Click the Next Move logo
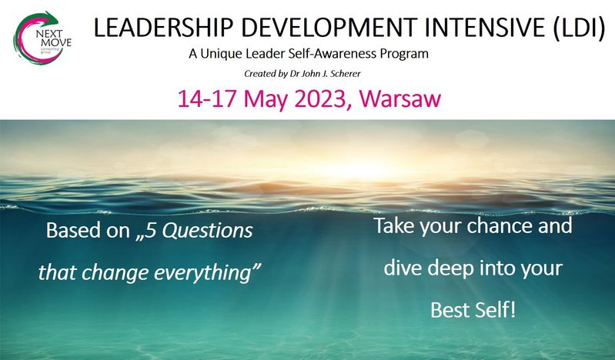coord(42,38)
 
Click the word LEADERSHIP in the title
coord(163,28)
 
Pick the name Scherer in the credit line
coord(346,74)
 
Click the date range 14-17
coord(206,98)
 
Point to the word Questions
coord(208,231)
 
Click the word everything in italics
coord(205,273)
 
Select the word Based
coord(74,230)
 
